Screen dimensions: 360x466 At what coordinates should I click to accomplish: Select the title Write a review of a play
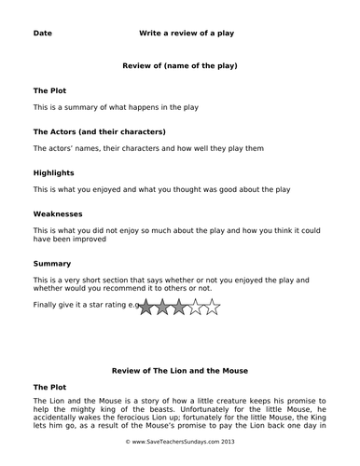186,34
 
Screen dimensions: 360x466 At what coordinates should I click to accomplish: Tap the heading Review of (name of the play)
180,66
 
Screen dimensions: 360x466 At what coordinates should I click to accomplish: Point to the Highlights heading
54,173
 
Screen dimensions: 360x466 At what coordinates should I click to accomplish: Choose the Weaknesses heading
58,213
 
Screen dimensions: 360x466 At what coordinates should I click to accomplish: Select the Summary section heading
52,264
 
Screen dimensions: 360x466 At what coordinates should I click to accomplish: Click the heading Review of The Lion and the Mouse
180,370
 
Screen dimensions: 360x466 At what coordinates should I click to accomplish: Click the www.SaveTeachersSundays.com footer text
180,457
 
